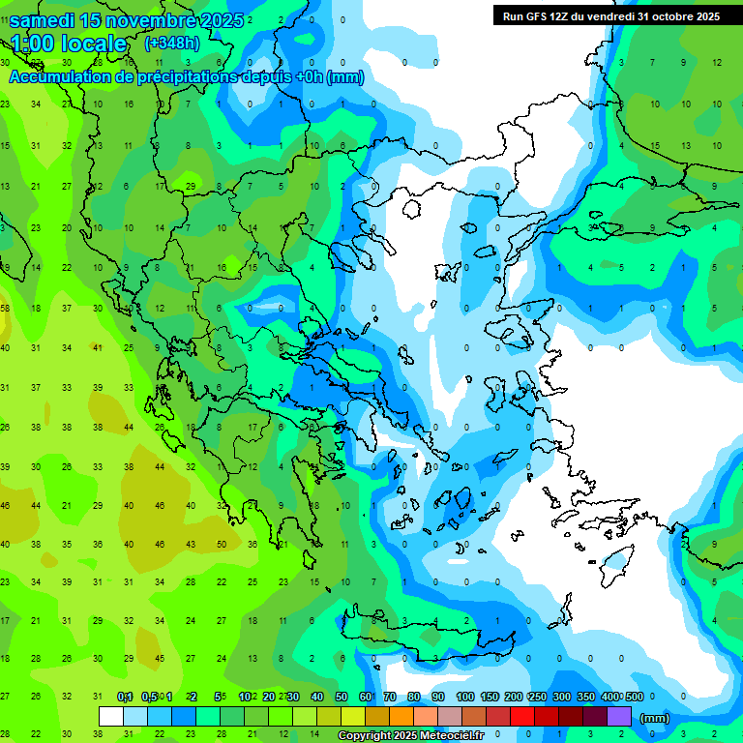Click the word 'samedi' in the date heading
tap(42, 20)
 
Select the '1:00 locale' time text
tap(69, 44)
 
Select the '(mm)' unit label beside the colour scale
tap(655, 718)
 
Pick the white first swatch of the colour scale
tap(111, 717)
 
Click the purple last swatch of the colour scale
tap(619, 717)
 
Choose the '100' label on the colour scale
tap(464, 697)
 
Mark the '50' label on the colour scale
tap(341, 697)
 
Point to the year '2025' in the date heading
tap(214, 20)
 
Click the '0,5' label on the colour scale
tap(149, 697)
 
